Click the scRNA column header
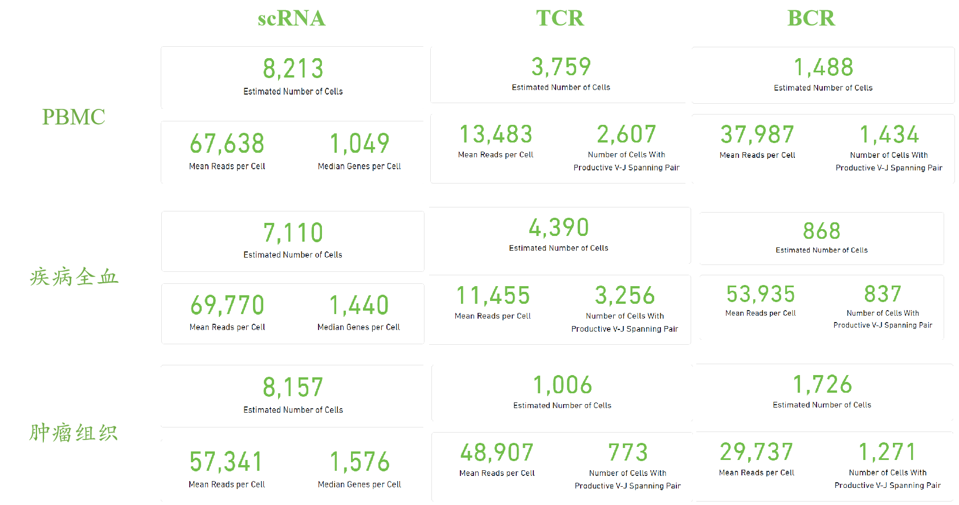click(x=291, y=18)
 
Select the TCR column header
click(x=560, y=18)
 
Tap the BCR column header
click(x=811, y=18)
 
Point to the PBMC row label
click(x=74, y=117)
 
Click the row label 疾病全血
click(x=74, y=277)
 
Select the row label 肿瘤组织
click(x=74, y=433)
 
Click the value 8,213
click(x=293, y=69)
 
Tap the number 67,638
click(x=227, y=144)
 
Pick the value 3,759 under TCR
click(x=561, y=67)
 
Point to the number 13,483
click(x=496, y=135)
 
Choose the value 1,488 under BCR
click(x=823, y=68)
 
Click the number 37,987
click(x=757, y=135)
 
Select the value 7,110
click(x=293, y=233)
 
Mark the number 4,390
click(x=558, y=228)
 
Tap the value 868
click(x=822, y=231)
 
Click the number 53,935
click(x=760, y=295)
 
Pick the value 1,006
click(x=562, y=385)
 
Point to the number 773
click(x=628, y=453)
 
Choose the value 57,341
click(x=226, y=462)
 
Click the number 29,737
click(x=756, y=453)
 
